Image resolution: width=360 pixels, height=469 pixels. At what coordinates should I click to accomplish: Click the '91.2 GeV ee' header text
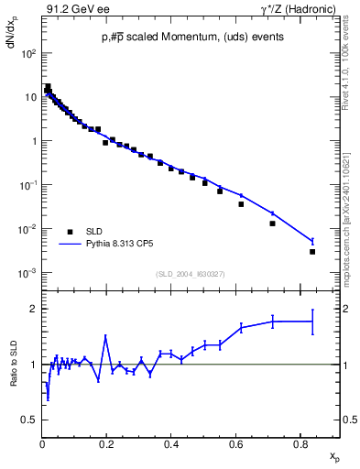[72, 10]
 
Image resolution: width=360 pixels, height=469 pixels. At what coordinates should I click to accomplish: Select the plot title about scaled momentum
[192, 37]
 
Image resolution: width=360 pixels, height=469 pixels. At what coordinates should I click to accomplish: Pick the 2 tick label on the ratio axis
[33, 309]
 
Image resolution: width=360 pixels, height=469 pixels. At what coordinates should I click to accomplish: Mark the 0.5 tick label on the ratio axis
[29, 420]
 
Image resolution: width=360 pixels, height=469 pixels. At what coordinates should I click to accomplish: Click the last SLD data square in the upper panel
[312, 252]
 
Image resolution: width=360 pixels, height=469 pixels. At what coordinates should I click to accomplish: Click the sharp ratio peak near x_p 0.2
[106, 336]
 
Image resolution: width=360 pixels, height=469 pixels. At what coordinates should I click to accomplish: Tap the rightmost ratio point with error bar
[312, 322]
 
